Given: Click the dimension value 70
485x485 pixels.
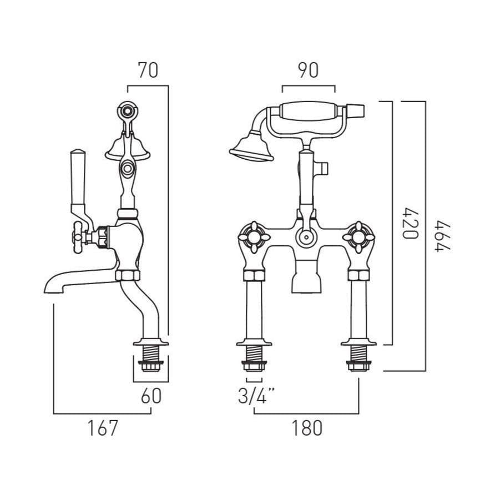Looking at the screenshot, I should click(148, 70).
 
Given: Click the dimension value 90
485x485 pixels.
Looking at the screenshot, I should click(308, 70).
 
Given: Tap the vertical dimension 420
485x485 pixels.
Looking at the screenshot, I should click(410, 223).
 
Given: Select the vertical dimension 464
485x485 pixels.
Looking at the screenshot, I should click(442, 236).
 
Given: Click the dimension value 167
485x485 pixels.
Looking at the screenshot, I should click(103, 428).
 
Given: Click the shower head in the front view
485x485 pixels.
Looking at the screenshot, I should click(251, 149).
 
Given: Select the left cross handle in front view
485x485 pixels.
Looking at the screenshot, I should click(254, 236).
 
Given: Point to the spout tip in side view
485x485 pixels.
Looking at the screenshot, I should click(53, 286).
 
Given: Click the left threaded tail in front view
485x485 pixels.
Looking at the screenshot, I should click(254, 355).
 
